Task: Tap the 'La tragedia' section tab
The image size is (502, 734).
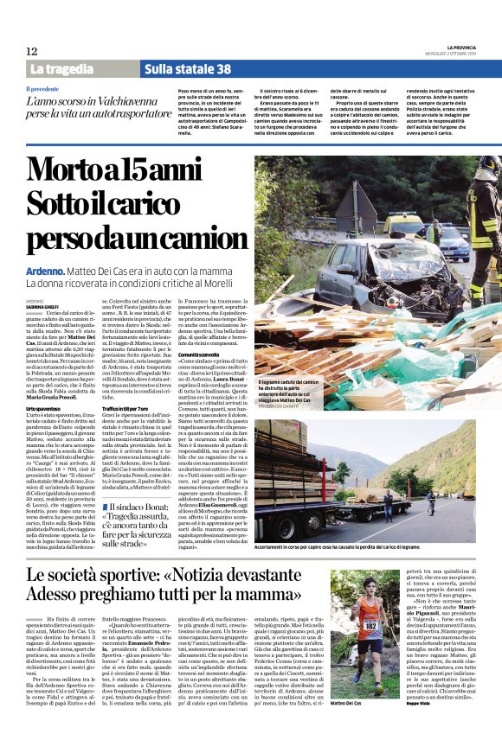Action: [x=61, y=69]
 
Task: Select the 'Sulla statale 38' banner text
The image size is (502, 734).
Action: [x=188, y=69]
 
